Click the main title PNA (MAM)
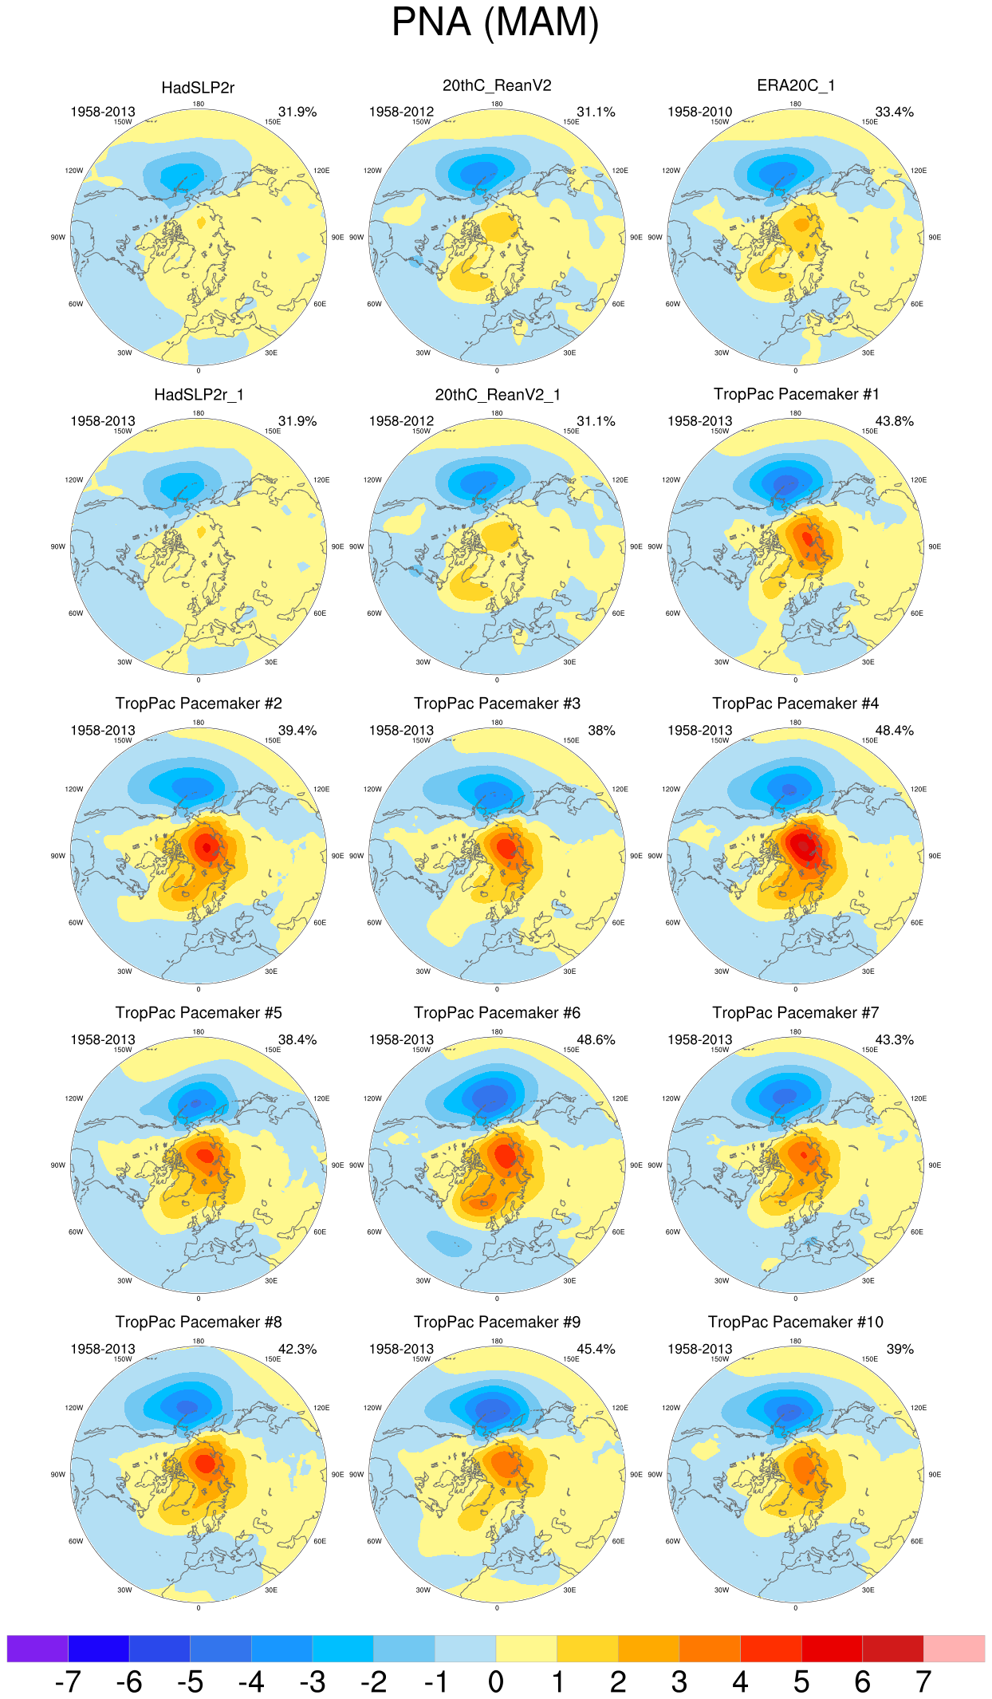pos(495,22)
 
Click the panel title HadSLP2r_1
pos(199,395)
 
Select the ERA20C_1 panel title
pos(795,85)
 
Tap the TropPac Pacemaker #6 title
pos(497,1013)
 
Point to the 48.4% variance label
pos(894,731)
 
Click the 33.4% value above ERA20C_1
pos(894,112)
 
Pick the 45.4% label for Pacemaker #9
pos(596,1349)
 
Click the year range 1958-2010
pos(699,112)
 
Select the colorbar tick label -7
pos(68,1682)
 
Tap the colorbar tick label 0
pos(496,1682)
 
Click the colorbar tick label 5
pos(801,1682)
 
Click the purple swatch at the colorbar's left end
pos(37,1648)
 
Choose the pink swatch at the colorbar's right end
pos(954,1648)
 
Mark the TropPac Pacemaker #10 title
pos(795,1323)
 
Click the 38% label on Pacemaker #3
pos(601,731)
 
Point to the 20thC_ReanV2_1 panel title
pos(497,395)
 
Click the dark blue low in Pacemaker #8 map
pos(187,1407)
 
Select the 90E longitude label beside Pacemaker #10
pos(935,1475)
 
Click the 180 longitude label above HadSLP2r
pos(199,104)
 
